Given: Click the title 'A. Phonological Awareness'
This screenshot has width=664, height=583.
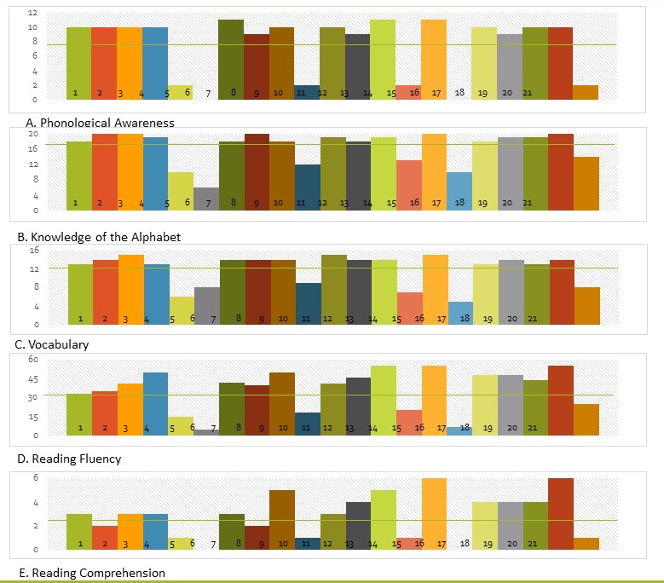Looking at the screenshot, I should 101,123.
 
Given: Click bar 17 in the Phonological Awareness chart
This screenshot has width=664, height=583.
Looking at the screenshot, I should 434,60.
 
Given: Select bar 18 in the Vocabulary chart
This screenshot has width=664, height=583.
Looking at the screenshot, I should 459,313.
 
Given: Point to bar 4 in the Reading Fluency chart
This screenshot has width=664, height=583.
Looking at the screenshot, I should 155,404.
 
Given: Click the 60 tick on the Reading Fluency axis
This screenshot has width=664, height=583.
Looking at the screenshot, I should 33,359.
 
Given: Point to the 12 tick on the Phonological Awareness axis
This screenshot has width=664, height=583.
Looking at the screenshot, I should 32,13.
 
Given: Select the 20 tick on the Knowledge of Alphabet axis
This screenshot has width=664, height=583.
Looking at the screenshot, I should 32,134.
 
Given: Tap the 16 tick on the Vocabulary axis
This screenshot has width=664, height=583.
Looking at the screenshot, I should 33,250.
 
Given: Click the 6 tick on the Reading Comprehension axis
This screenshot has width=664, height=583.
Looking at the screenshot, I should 35,477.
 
